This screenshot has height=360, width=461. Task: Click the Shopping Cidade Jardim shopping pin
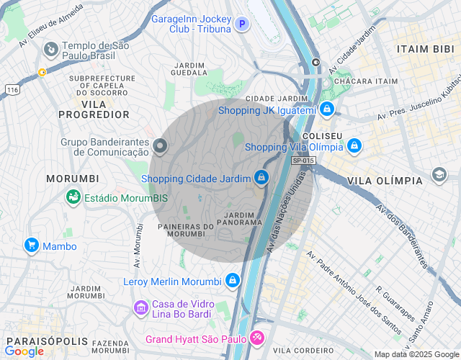coord(261,177)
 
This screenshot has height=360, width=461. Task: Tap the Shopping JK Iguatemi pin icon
coord(327,109)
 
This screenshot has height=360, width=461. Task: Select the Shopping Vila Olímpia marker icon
coord(354,146)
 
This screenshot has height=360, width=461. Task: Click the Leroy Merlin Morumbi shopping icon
coord(232,280)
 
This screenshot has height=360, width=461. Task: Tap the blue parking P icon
coord(243,24)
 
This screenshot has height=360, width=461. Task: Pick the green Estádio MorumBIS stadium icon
coord(73,197)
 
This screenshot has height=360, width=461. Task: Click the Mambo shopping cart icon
coord(31,246)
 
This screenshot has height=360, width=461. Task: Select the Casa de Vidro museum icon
coord(140,309)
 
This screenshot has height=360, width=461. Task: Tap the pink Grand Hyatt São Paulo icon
coord(257,338)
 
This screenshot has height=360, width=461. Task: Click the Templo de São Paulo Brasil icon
coord(50,50)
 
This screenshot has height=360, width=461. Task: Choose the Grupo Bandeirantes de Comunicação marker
coord(160,147)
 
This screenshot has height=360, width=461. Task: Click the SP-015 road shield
coord(303,160)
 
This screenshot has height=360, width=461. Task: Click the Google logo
coord(24,351)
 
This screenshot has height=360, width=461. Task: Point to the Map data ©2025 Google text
coord(416,354)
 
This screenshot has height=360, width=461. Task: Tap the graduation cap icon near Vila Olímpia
coord(439,175)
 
